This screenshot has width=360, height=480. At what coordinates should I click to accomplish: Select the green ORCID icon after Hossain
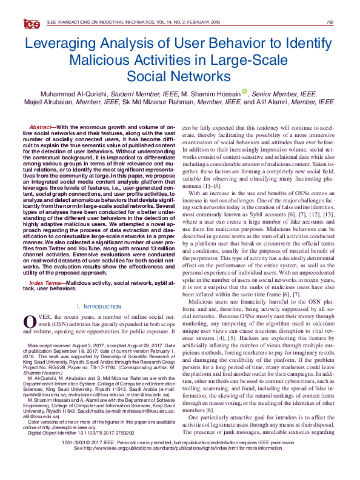(x=244, y=93)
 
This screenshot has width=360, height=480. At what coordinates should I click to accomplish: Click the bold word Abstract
(x=41, y=127)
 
